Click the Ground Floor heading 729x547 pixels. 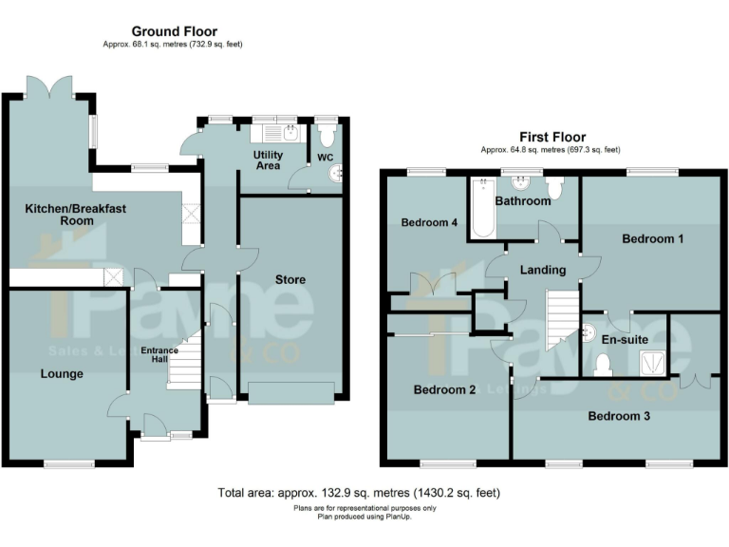(174, 31)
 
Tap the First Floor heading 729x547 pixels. (551, 137)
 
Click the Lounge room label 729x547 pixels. (62, 373)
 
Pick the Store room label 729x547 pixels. (290, 279)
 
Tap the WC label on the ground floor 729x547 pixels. (325, 157)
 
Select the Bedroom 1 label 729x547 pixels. (652, 239)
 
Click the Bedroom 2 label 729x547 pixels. (444, 389)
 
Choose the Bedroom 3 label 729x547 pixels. (619, 415)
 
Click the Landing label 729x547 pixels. (542, 270)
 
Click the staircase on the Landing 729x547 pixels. (563, 318)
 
